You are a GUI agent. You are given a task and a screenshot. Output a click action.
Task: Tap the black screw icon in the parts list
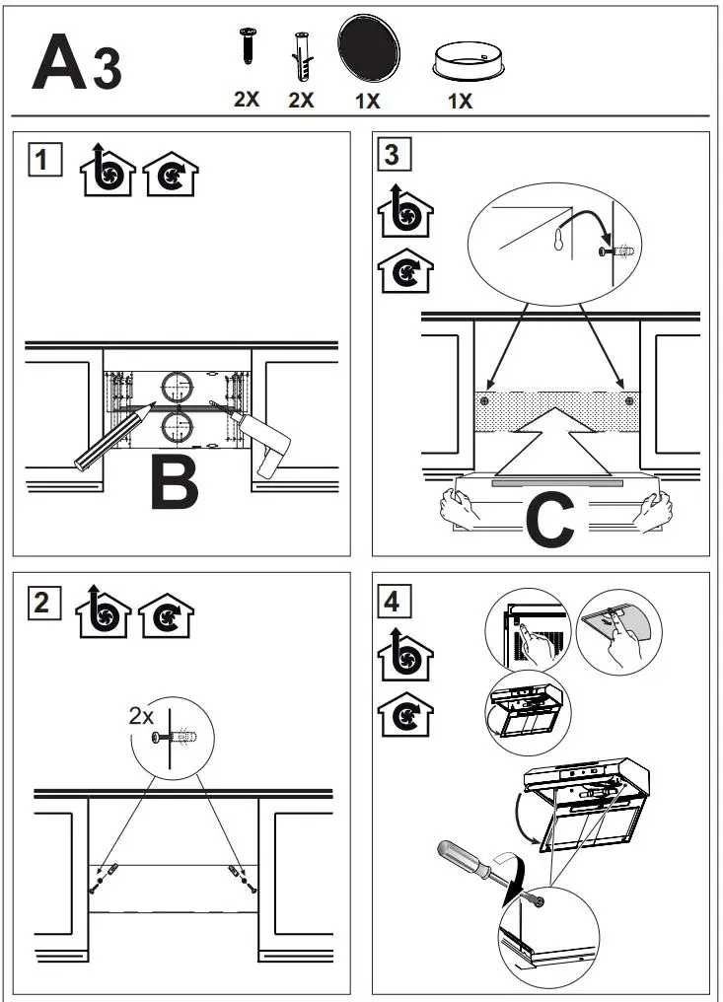(x=246, y=47)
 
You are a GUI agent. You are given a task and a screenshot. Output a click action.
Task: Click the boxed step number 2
(x=41, y=601)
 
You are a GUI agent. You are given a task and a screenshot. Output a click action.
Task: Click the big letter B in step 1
(x=174, y=482)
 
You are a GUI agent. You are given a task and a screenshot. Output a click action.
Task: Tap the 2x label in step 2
(x=142, y=717)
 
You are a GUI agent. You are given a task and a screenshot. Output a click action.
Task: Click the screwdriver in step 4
(x=474, y=865)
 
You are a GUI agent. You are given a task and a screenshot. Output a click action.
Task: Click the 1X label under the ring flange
(x=460, y=101)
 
